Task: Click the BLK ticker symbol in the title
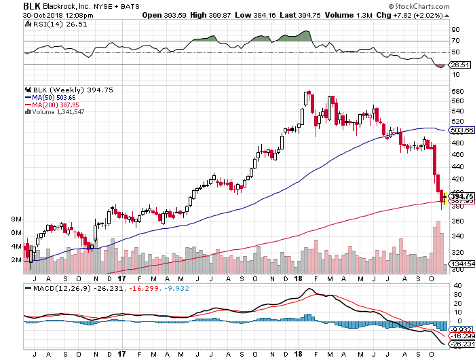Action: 31,5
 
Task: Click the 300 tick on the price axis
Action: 457,270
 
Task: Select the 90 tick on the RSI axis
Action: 455,29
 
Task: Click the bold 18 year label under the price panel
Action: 299,278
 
